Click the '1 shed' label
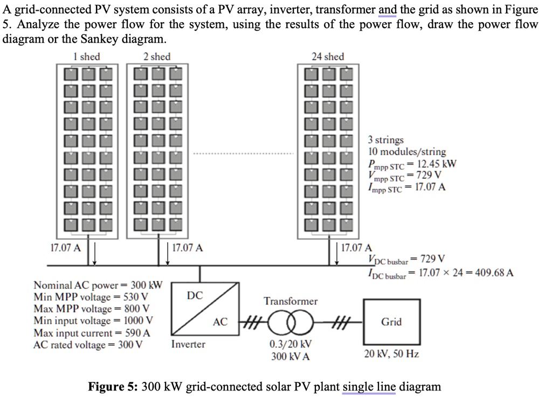tap(86, 57)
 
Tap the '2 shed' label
tap(157, 57)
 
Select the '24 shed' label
tap(328, 57)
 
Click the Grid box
tap(391, 322)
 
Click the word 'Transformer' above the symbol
tap(291, 301)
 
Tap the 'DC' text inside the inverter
tap(195, 295)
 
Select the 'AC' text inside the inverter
tap(220, 322)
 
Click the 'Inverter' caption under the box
tap(188, 344)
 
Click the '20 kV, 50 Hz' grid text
tap(391, 354)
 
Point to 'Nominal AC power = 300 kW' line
tap(98, 285)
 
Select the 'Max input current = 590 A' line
tap(92, 333)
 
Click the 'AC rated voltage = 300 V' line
tap(88, 345)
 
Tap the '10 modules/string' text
tap(407, 152)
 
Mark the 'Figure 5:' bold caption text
tap(113, 387)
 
